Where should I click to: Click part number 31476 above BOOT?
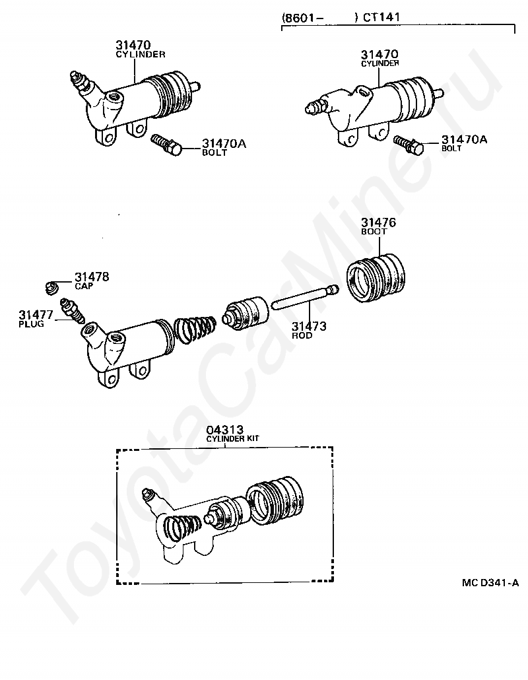[x=378, y=222]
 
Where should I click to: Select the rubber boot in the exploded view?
[x=376, y=277]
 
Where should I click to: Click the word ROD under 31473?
[x=302, y=335]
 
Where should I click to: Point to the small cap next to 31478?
[x=52, y=287]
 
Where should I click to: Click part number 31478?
[x=92, y=277]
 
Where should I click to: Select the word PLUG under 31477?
[x=31, y=324]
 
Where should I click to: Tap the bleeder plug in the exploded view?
[x=73, y=309]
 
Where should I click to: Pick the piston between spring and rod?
[x=246, y=313]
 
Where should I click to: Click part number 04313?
[x=224, y=430]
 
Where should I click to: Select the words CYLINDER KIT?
[x=232, y=438]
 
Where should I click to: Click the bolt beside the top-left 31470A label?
[x=167, y=145]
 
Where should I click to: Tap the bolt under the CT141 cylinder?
[x=409, y=145]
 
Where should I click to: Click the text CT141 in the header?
[x=381, y=17]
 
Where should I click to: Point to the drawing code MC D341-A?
[x=490, y=582]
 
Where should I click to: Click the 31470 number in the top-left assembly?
[x=133, y=45]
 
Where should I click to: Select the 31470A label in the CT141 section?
[x=464, y=140]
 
